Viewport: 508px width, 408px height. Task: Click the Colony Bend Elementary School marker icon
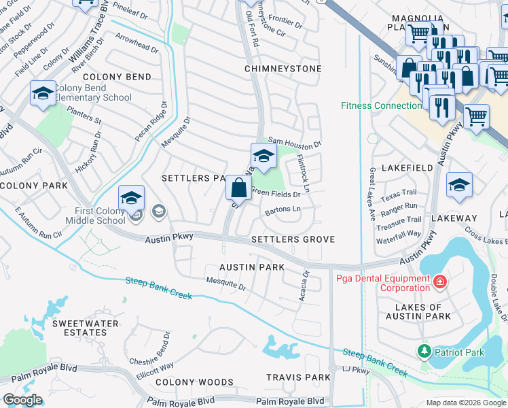[43, 94]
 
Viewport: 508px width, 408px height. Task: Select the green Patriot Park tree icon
[424, 351]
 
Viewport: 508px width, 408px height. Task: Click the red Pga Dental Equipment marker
[439, 281]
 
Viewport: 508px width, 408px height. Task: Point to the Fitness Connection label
[380, 105]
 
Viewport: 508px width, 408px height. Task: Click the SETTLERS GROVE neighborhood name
[293, 239]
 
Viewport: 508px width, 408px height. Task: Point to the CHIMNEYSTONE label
[283, 69]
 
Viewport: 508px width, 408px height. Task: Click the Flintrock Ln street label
[304, 173]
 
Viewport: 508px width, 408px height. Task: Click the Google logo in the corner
[22, 399]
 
